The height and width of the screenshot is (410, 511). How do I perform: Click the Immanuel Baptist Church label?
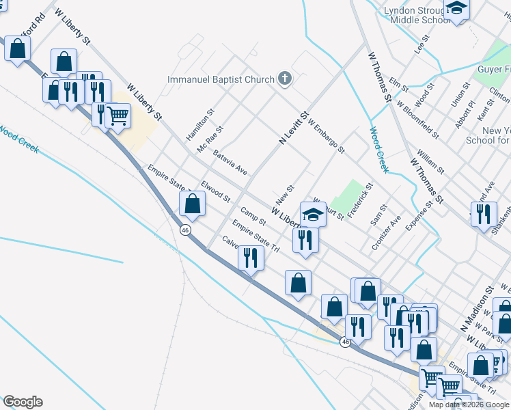[221, 80]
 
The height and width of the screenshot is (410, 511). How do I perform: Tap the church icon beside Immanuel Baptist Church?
[285, 80]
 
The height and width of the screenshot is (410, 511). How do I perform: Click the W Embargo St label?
[327, 136]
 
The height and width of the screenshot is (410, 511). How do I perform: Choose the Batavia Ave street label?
[230, 163]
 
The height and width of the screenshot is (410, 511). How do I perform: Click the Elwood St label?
[216, 191]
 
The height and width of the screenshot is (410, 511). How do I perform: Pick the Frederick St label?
[360, 200]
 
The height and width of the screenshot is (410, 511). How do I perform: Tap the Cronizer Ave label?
[386, 233]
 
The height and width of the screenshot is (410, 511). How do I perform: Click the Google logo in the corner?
[23, 402]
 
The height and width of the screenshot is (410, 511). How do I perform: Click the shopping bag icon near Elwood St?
[193, 203]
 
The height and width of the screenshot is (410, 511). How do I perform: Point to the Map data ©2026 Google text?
[469, 405]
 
